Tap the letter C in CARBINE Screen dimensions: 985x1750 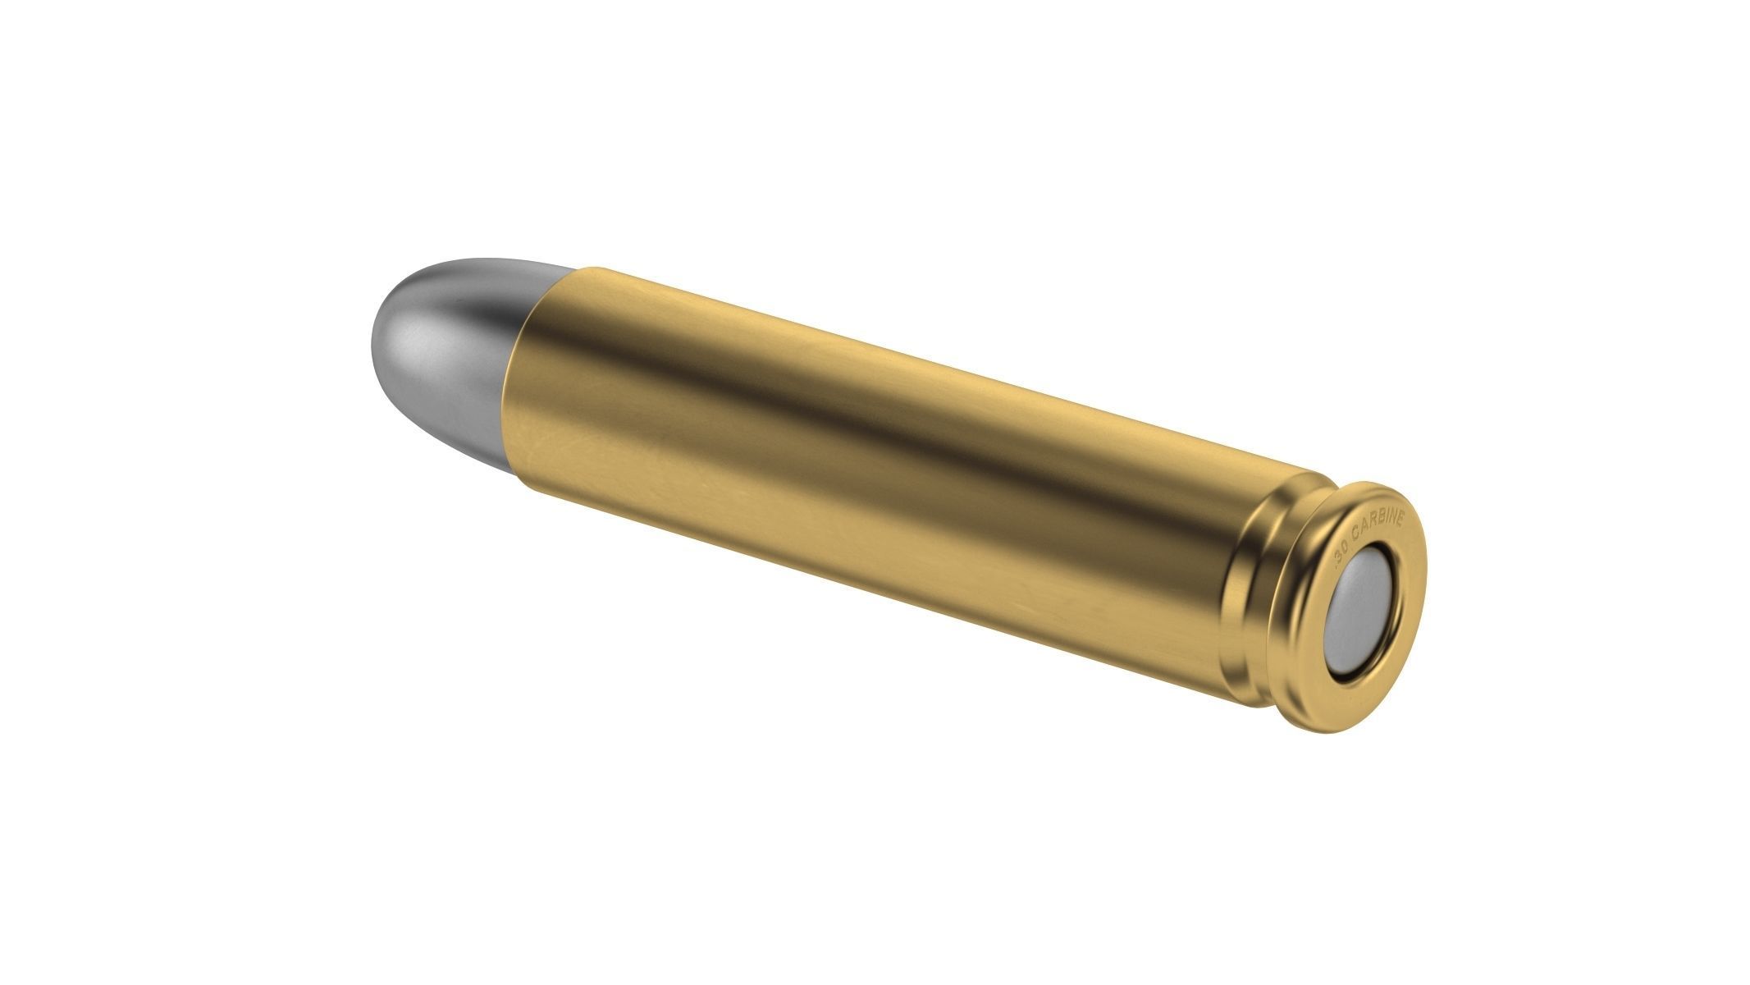click(1355, 534)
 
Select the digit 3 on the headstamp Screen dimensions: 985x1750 click(1339, 557)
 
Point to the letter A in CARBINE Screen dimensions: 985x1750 click(1364, 528)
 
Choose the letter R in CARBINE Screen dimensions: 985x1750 click(1372, 523)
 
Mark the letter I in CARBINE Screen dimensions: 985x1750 click(1387, 518)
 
